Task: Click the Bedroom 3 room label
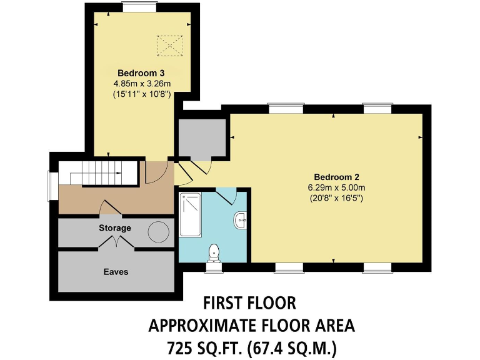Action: (x=132, y=73)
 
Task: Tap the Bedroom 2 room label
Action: (x=336, y=176)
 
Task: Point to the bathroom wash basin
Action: (x=240, y=221)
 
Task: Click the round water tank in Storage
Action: (x=159, y=232)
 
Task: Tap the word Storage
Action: (x=115, y=228)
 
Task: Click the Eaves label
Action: (x=116, y=272)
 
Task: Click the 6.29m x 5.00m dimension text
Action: (x=336, y=187)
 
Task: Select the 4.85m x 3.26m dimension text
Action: (x=133, y=84)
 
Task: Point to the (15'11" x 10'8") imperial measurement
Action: (x=133, y=95)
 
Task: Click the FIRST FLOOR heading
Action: (x=249, y=304)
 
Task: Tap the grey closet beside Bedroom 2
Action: (x=201, y=136)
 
